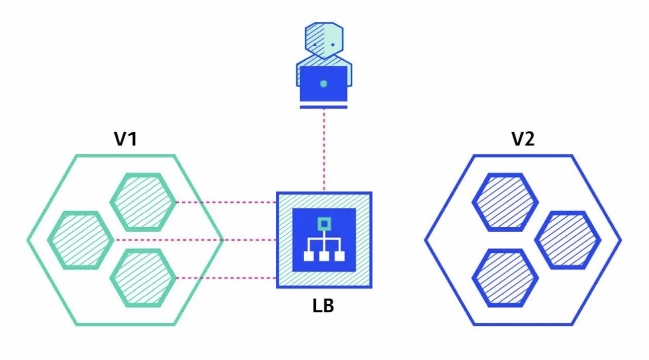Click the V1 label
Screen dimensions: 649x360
(x=125, y=139)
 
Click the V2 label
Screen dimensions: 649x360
(x=523, y=139)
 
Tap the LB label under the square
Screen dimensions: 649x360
(x=323, y=306)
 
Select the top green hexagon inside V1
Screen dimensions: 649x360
(x=143, y=202)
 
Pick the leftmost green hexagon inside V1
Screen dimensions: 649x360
(x=81, y=240)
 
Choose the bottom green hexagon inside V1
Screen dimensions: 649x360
(x=143, y=278)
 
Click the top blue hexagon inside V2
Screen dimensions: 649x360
(x=506, y=202)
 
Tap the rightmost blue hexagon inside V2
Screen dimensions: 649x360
(x=568, y=240)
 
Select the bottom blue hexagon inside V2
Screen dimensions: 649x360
(x=506, y=278)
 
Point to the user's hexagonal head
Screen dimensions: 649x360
(x=324, y=41)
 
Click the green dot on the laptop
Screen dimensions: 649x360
(x=323, y=84)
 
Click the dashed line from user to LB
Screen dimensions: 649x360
(x=324, y=151)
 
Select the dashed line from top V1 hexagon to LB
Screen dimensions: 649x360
(x=226, y=202)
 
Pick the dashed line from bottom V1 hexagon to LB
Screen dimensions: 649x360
(x=226, y=278)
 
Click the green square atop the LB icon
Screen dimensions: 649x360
(x=324, y=224)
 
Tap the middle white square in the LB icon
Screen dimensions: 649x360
(x=324, y=256)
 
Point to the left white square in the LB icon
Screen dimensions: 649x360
(x=309, y=256)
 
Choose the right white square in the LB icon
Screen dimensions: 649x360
(x=340, y=256)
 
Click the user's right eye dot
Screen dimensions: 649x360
(x=333, y=45)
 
